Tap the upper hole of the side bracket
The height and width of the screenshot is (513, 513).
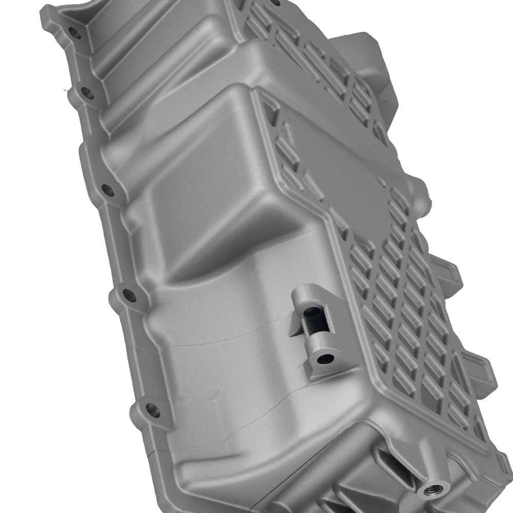coord(310,312)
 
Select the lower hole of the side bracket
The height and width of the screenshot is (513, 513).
coord(324,359)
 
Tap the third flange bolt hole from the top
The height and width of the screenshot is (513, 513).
coord(108,190)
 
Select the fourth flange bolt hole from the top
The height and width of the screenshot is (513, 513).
coord(129,295)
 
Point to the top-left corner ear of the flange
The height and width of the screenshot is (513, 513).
coord(49,15)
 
